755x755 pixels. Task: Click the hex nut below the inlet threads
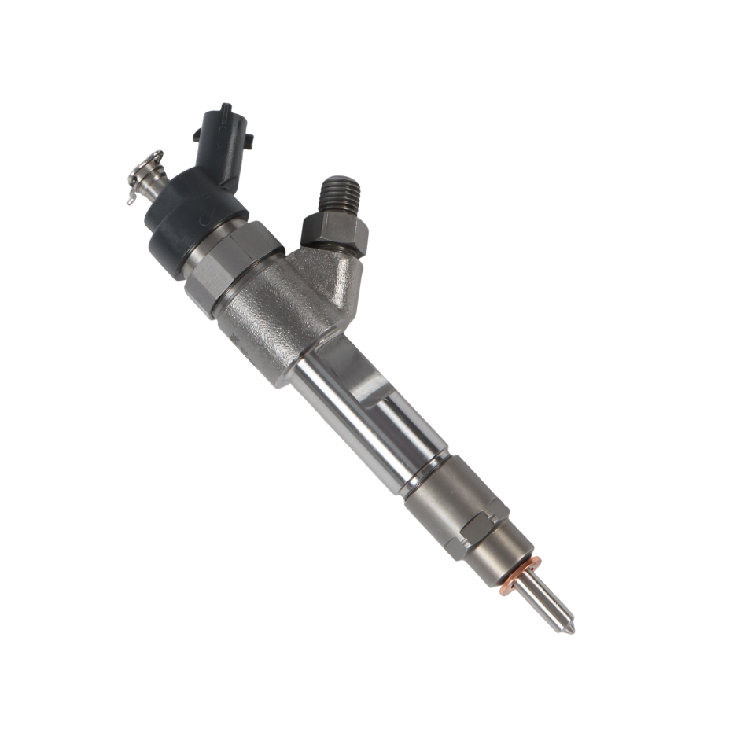[x=334, y=231]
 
